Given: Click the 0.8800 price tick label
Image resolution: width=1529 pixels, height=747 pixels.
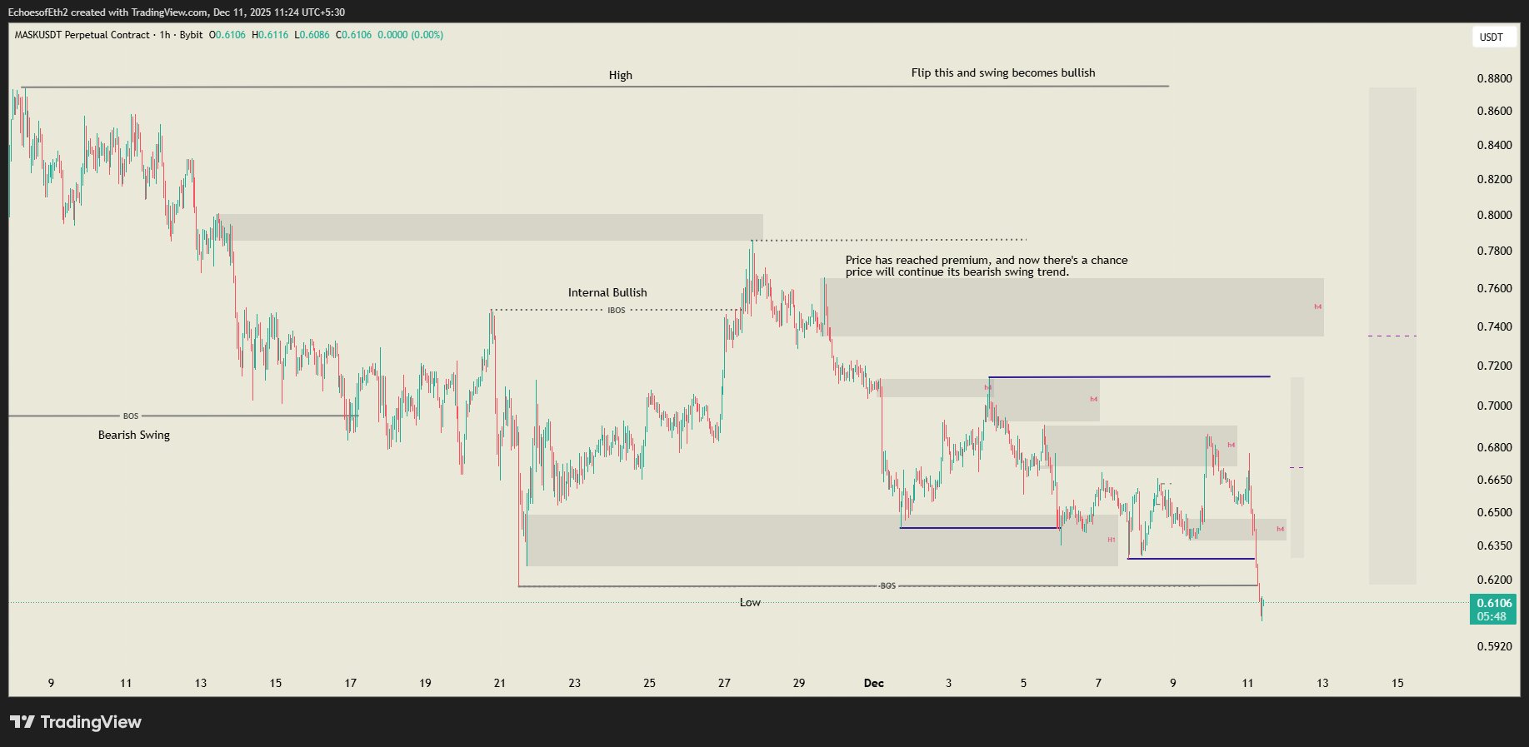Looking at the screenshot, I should pos(1494,79).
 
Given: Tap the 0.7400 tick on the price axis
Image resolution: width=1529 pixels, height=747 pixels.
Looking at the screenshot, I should pos(1494,327).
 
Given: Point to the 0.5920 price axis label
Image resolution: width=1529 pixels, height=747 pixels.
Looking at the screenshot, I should pos(1494,646).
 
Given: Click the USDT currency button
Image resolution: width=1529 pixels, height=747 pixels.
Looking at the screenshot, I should pos(1491,37).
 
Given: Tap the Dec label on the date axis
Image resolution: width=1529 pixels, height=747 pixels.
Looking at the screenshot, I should pos(873,683).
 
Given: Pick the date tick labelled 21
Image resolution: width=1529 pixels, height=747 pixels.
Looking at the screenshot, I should pos(500,683).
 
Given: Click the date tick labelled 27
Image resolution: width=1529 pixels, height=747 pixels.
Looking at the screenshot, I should pos(724,683).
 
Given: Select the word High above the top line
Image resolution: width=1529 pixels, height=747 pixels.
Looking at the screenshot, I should pos(620,75).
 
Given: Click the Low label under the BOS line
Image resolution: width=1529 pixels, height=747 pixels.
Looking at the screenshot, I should pos(750,602).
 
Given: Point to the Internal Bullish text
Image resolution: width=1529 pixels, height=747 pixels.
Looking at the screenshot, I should pos(607,292).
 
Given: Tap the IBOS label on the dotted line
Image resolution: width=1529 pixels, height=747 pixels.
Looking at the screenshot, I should pos(616,311).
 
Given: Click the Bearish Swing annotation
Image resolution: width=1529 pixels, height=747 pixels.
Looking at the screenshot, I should pos(134,435).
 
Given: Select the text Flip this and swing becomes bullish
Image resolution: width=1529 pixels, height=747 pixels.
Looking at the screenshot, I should pos(1003,72).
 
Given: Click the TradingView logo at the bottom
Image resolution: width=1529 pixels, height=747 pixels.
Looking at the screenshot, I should pos(76,722).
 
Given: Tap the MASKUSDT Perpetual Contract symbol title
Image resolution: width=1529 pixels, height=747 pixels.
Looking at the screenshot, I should pos(82,35).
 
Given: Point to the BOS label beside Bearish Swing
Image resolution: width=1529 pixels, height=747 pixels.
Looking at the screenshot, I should pos(131,416).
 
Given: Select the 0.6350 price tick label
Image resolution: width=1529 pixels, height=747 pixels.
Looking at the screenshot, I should pos(1494,546).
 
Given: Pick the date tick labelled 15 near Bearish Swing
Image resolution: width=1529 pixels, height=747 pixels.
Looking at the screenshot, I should pos(276,683).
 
